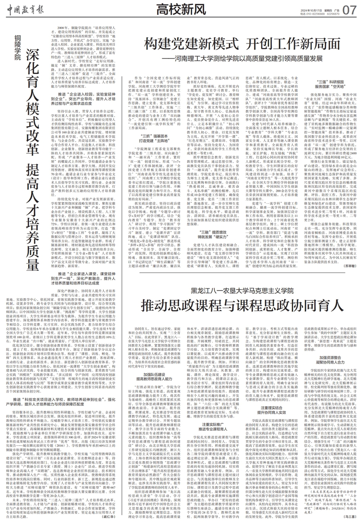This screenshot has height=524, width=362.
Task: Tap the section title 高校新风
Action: [182, 9]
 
